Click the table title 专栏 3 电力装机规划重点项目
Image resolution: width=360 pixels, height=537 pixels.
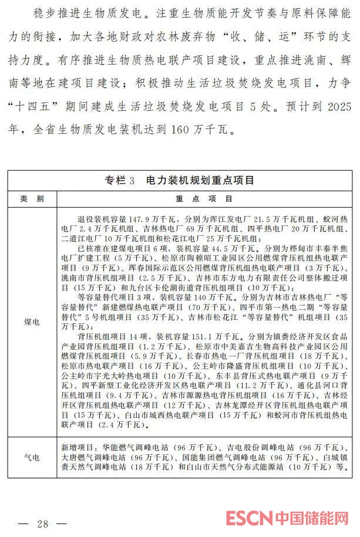tap(180, 180)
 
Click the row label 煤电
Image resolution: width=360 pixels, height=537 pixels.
tap(32, 322)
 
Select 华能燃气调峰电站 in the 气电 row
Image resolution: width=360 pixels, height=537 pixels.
tap(120, 445)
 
